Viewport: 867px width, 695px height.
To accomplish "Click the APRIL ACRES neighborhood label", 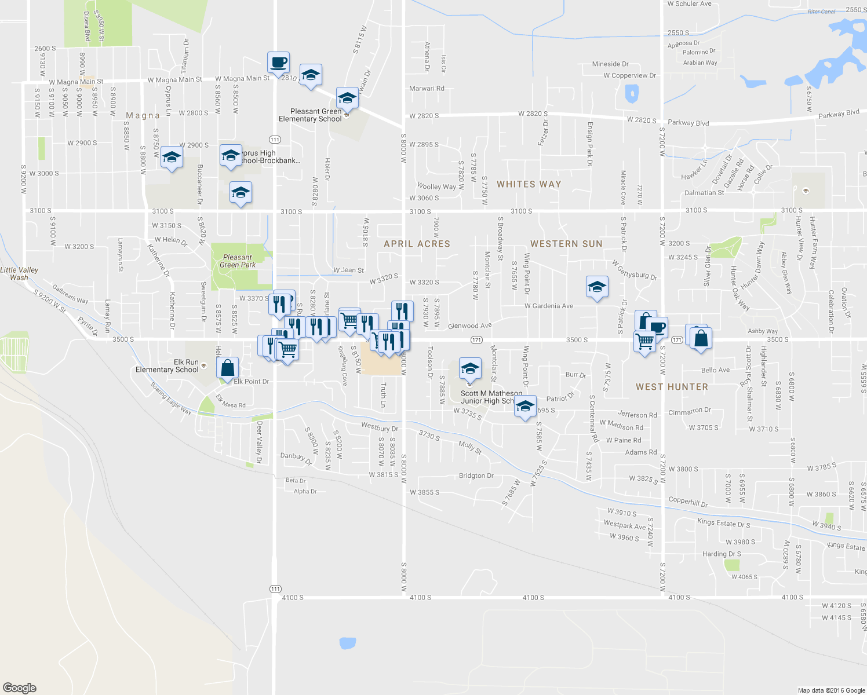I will pos(417,244).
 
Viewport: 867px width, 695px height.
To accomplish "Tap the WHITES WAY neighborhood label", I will pos(529,184).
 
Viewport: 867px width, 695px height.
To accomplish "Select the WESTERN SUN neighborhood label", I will pos(566,244).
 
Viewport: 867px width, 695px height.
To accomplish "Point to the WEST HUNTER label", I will pos(672,387).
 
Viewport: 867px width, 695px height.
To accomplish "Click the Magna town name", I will pos(143,115).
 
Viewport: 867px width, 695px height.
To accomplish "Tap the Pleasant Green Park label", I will pos(238,261).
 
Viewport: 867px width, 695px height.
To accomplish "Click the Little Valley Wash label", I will pos(19,273).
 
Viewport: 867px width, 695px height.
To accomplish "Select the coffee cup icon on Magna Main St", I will pos(278,62).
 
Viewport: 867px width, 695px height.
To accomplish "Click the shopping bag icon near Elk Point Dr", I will pos(228,367).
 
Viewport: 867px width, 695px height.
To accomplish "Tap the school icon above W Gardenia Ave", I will pos(597,287).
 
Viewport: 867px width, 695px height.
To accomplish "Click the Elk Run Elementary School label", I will pos(167,366).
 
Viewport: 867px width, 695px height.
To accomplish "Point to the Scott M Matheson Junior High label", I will pos(491,397).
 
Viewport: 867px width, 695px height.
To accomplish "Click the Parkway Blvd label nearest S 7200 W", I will pos(688,123).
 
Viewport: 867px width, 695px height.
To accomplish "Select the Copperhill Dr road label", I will pos(688,502).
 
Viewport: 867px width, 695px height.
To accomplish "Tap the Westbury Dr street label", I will pos(380,427).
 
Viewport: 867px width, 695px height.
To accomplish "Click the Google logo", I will pos(19,688).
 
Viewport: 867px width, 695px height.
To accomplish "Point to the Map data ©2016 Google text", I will pos(831,690).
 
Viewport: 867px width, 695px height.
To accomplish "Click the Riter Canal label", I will pos(821,12).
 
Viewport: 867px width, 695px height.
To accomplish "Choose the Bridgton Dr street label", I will pos(476,476).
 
